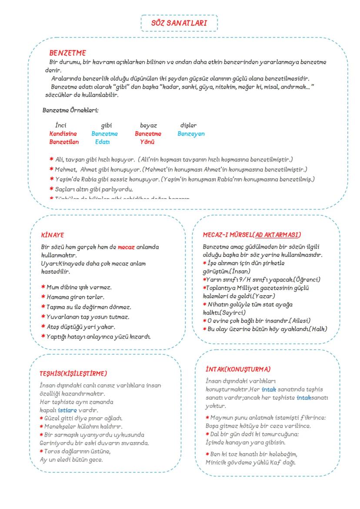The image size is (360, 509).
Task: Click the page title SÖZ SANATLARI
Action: click(179, 23)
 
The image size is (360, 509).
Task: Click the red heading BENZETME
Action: click(67, 53)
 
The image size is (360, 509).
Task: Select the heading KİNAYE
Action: click(52, 235)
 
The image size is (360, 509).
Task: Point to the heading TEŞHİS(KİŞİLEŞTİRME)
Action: click(73, 373)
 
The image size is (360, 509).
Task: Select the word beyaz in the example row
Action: click(148, 126)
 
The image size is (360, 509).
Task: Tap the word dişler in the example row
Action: click(188, 126)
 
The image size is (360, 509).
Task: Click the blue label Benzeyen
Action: click(191, 134)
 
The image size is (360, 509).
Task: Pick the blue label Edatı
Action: click(103, 142)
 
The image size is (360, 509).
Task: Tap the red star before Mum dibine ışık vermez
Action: click(43, 287)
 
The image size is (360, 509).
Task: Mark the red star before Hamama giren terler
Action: click(43, 297)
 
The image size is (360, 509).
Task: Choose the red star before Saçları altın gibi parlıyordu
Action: click(52, 189)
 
